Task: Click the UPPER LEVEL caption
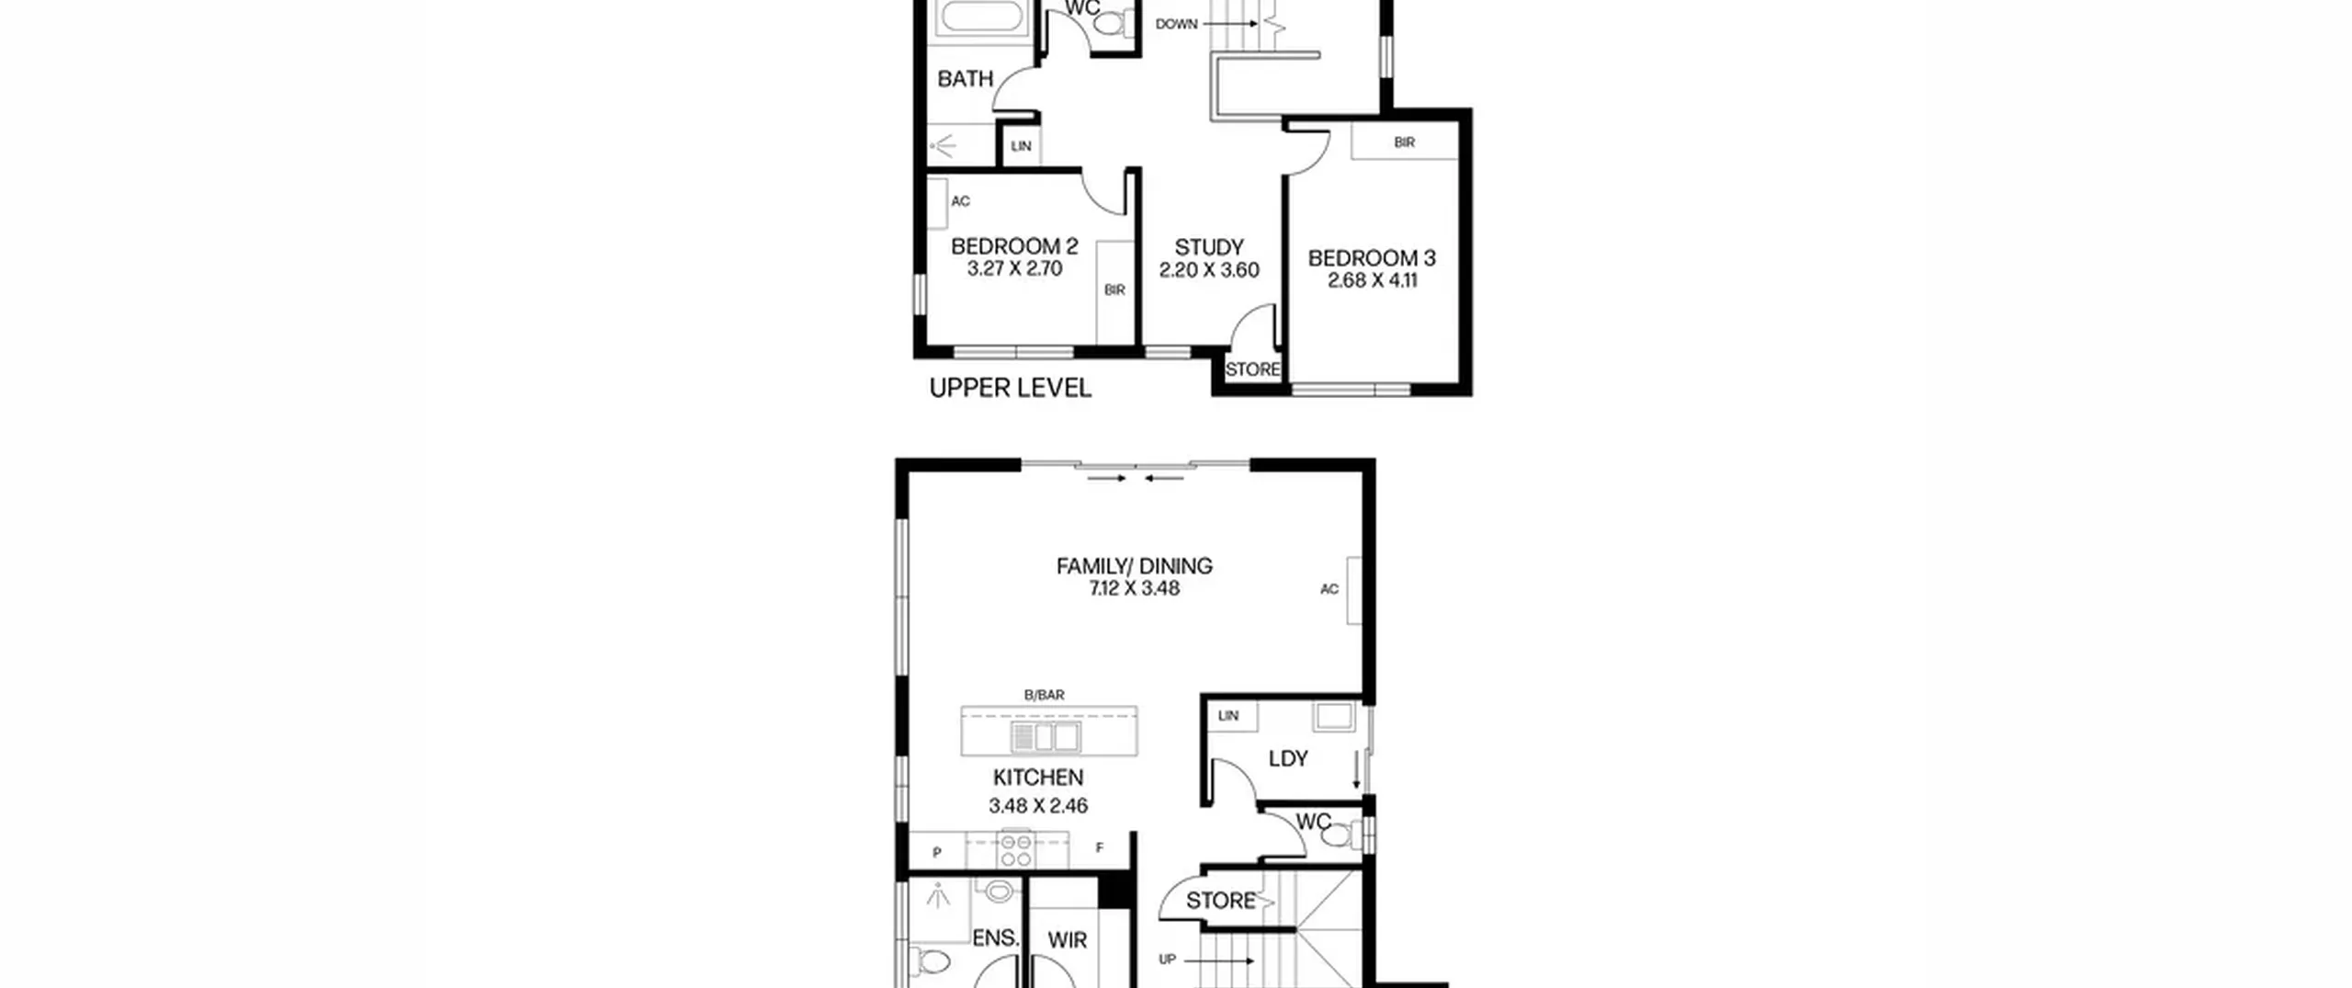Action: (x=1011, y=388)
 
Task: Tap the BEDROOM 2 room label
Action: (x=1014, y=246)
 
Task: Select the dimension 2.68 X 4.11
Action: (x=1373, y=280)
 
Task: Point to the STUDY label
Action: (x=1209, y=247)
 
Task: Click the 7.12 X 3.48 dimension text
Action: (x=1135, y=588)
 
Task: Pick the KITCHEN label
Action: (x=1038, y=778)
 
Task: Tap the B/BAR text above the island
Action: (x=1045, y=695)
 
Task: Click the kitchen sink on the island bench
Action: (x=1046, y=737)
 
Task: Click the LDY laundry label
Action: (x=1288, y=758)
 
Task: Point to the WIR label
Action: (x=1068, y=940)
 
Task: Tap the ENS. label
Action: (x=996, y=938)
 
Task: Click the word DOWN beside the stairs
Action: (x=1177, y=24)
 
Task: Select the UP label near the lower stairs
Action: (x=1167, y=960)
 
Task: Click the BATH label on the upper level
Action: (x=966, y=79)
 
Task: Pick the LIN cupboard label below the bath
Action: (x=1021, y=146)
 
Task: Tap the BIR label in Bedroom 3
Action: (x=1404, y=142)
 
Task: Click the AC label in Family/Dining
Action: (x=1329, y=589)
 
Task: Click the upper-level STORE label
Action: (x=1252, y=369)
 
